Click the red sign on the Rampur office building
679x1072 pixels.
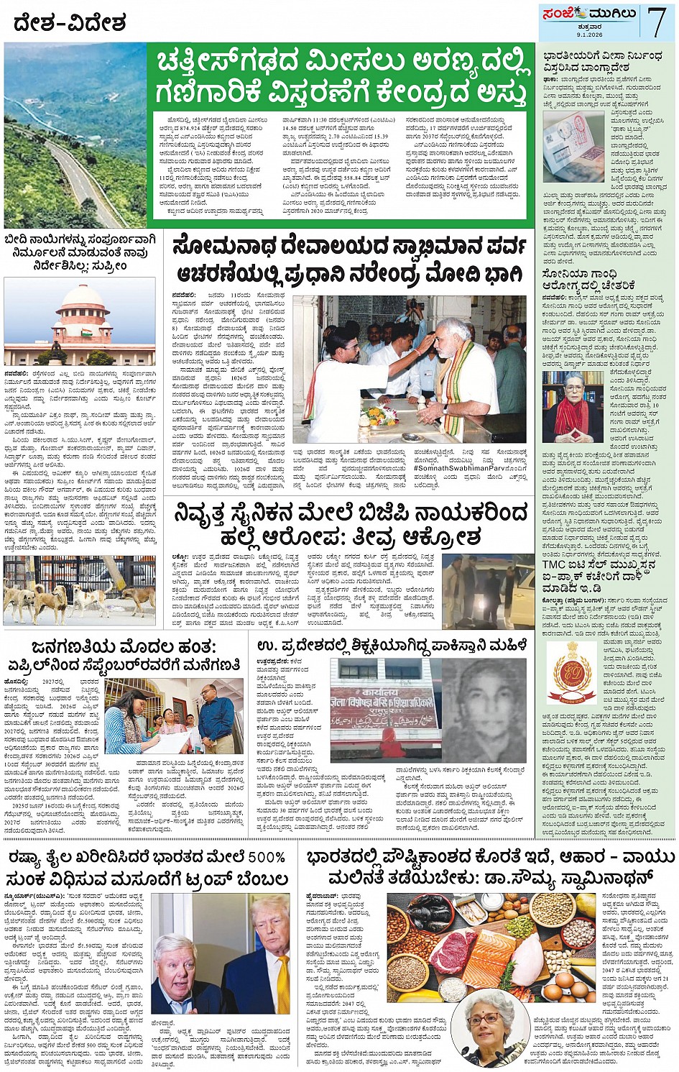tap(383, 697)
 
